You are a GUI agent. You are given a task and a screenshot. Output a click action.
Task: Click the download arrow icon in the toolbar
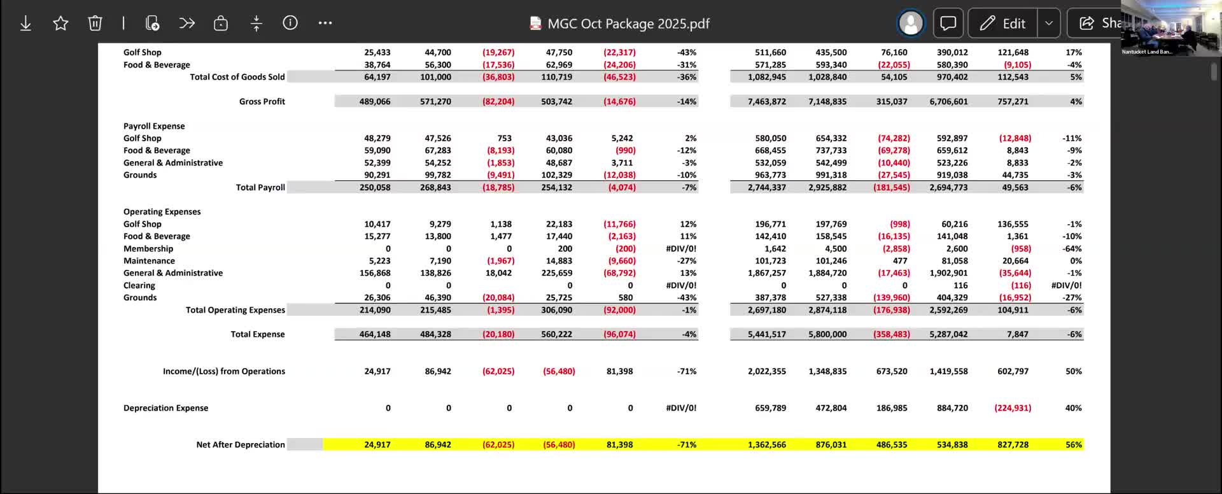click(x=25, y=24)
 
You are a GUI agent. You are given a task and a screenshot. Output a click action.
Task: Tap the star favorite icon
click(x=60, y=24)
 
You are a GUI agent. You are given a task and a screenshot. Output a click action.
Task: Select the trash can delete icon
click(x=95, y=24)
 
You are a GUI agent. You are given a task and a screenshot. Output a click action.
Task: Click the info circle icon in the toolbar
click(x=290, y=23)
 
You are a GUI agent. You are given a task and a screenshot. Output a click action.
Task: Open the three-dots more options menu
click(x=325, y=23)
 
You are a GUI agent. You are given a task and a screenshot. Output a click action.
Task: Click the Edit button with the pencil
click(x=1003, y=24)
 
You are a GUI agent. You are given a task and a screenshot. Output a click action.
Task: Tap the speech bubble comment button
click(x=948, y=24)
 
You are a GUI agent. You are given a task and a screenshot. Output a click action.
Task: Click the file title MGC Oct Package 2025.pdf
click(x=628, y=24)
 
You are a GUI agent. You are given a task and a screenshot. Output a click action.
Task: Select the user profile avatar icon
click(x=910, y=24)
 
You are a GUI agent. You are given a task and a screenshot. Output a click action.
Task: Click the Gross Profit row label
click(x=262, y=101)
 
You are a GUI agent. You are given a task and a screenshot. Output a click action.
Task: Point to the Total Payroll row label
click(x=260, y=187)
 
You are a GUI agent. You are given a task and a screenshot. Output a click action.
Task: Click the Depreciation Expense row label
click(x=165, y=408)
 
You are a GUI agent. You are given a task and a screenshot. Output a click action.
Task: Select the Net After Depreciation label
click(x=240, y=445)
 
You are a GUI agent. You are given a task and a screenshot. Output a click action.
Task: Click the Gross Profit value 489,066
click(x=375, y=101)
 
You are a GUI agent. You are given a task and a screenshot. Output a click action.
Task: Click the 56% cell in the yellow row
click(x=1073, y=445)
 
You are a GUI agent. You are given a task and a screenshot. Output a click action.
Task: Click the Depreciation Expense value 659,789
click(x=770, y=408)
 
